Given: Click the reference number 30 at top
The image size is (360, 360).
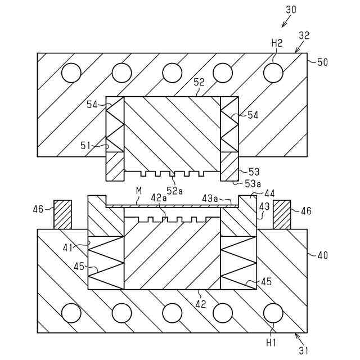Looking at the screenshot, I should (291, 10).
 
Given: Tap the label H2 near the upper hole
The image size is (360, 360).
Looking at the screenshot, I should (277, 43).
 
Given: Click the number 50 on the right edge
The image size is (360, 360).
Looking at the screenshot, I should (322, 62).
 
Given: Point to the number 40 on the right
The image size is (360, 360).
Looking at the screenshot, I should (322, 255).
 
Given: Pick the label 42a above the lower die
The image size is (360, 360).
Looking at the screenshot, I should (159, 197).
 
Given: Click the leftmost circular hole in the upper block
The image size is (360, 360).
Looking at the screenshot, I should (71, 73).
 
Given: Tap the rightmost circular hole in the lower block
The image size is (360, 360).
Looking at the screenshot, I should (273, 313).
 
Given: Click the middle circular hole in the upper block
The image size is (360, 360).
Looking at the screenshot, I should (172, 73).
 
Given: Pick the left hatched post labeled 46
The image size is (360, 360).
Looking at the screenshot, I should (62, 214).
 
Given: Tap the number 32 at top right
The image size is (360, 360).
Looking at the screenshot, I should (304, 35).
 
